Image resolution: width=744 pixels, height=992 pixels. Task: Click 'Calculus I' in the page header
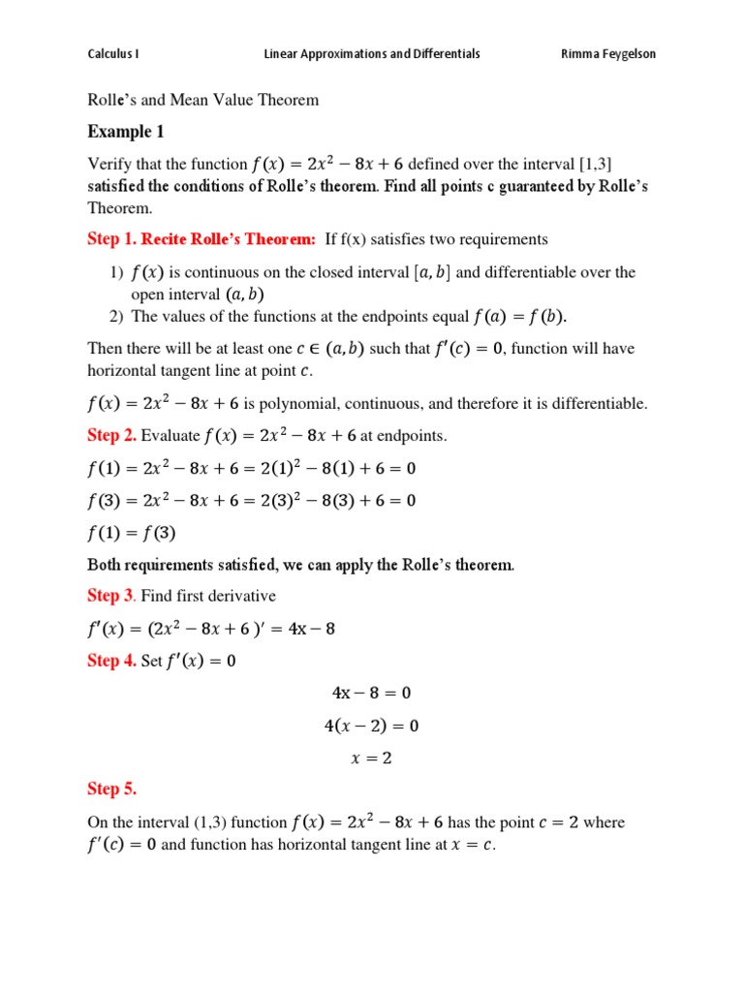[x=113, y=54]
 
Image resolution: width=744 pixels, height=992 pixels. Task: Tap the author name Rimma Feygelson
[x=608, y=54]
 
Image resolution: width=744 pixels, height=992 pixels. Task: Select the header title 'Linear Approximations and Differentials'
[x=372, y=54]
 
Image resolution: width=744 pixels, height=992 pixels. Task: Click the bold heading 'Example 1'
[x=120, y=132]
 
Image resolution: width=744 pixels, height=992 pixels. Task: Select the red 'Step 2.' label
[x=111, y=435]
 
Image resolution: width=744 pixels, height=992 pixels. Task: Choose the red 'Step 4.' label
[x=111, y=661]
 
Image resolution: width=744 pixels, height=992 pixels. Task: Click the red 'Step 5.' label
[x=111, y=789]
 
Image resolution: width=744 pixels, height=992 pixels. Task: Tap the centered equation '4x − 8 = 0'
[x=371, y=693]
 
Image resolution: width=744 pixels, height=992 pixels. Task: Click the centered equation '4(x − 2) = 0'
[x=371, y=725]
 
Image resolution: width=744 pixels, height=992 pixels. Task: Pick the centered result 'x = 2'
[x=371, y=758]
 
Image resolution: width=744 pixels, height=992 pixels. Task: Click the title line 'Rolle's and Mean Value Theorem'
[x=202, y=100]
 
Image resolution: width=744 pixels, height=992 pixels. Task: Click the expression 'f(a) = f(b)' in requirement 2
[x=524, y=316]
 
